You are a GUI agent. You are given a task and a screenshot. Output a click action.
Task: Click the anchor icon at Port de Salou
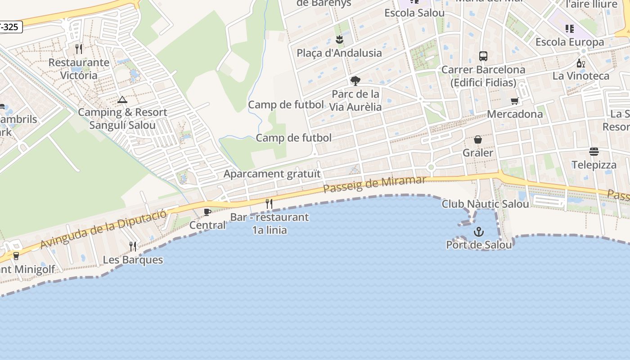(x=479, y=232)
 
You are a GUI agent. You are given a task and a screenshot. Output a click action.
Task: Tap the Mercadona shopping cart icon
(x=515, y=101)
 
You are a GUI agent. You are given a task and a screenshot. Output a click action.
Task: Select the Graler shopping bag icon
(x=478, y=139)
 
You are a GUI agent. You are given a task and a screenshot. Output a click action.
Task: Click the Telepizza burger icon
(x=594, y=152)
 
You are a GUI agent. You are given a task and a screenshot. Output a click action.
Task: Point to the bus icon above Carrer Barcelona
(x=483, y=56)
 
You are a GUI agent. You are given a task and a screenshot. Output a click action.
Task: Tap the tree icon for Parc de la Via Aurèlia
(x=355, y=81)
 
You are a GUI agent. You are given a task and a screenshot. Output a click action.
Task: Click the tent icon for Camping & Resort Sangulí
(x=122, y=99)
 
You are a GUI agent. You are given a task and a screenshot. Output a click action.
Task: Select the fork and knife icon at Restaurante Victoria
(x=79, y=49)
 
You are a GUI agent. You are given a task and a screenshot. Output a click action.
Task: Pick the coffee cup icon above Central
(x=207, y=212)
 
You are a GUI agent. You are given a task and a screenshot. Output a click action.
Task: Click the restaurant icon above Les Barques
(x=133, y=247)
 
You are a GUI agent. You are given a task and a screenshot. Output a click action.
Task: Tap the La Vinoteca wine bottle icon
(x=581, y=63)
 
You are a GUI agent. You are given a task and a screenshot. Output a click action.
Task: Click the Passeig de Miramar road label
(x=374, y=184)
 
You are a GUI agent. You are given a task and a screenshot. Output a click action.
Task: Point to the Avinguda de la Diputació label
(x=103, y=229)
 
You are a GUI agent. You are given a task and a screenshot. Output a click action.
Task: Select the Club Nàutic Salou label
(x=485, y=204)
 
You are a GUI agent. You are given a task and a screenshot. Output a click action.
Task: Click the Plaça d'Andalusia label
(x=339, y=53)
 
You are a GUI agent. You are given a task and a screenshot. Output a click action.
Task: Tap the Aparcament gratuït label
(x=272, y=174)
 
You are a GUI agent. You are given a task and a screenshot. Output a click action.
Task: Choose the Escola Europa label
(x=570, y=42)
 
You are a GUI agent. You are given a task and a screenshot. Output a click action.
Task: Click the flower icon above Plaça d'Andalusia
(x=339, y=40)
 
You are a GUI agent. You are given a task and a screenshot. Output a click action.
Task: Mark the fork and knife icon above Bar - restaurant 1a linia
(x=269, y=204)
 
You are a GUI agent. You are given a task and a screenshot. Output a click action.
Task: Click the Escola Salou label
(x=414, y=13)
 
